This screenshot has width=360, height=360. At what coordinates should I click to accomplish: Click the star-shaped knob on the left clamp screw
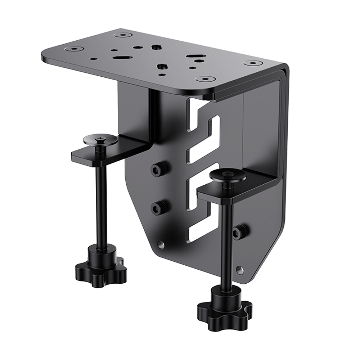pos(101,270)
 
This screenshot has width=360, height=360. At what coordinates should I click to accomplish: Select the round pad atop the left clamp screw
pos(100,139)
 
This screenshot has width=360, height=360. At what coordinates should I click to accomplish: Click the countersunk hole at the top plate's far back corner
pos(123,35)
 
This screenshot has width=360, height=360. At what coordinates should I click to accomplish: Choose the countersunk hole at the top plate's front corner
pos(205,78)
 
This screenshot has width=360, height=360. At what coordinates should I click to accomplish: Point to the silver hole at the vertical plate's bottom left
pos(161,245)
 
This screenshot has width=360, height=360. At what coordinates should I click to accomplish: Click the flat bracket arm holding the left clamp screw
pos(108,153)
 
